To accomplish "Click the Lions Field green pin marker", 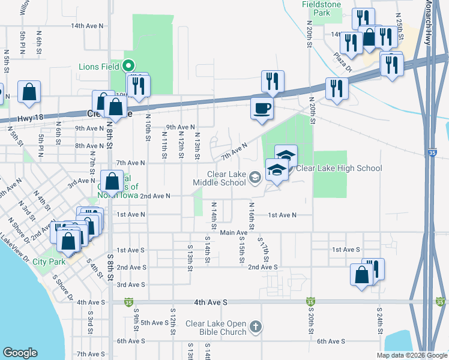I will coord(128,66).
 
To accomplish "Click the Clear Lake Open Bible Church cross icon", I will coord(256,327).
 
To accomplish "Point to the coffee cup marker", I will coord(261,109).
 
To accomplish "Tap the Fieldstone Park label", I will coord(321,8).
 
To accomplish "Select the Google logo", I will coord(20,353).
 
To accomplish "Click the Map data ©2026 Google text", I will coord(411,355).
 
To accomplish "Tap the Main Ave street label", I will coord(234,233).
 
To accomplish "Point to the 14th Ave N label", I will coord(87,26).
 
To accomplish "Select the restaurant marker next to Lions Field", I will coord(139,85).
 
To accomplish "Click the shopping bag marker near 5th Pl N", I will coord(29,92).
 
